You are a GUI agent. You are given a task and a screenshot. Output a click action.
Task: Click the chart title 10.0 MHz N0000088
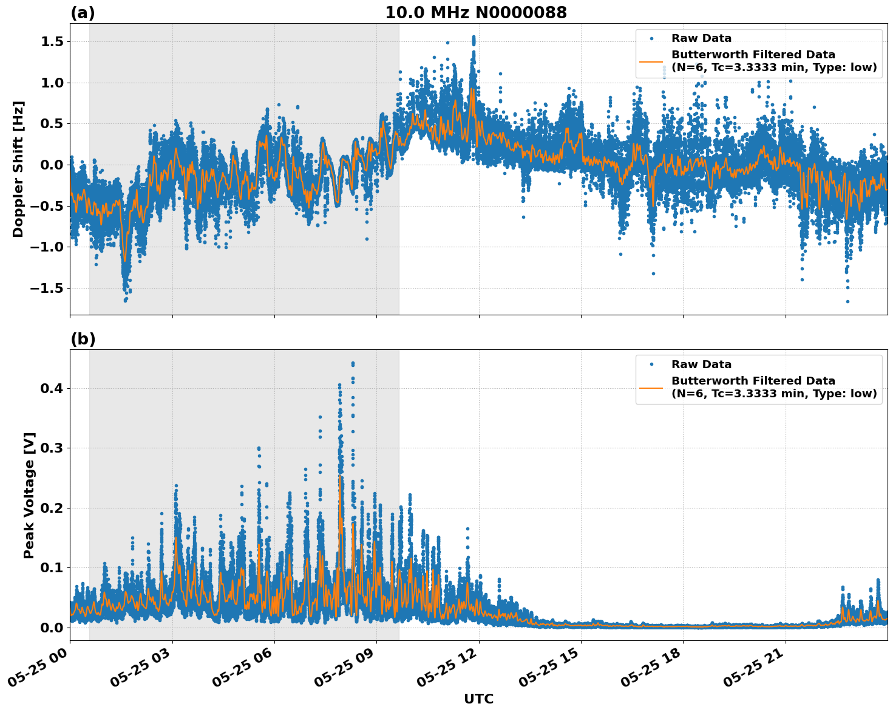point(475,13)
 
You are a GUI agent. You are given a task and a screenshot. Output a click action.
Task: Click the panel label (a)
point(83,13)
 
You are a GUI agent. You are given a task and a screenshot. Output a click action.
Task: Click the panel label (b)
point(83,339)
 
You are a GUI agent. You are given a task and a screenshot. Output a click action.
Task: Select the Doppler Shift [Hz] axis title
point(18,169)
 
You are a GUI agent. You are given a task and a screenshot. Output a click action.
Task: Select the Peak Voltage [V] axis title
point(29,495)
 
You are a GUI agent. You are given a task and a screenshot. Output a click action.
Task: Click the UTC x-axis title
point(478,699)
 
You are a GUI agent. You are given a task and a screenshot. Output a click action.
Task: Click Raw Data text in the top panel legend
point(701,39)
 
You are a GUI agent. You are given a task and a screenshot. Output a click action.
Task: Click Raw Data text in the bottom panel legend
point(701,365)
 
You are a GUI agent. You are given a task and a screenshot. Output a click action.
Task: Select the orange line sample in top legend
point(651,61)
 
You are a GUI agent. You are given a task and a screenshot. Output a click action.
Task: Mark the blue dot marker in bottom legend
point(651,365)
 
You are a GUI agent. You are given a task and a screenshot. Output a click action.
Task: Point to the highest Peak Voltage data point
point(353,363)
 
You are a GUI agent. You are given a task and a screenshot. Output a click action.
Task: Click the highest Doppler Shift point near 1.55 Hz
point(474,37)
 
